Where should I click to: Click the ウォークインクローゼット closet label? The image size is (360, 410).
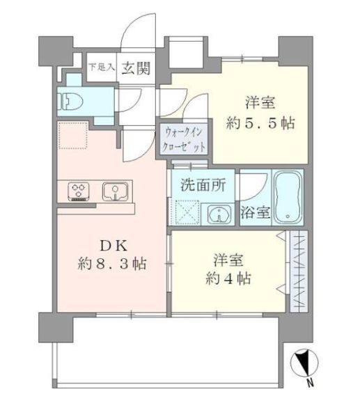186,139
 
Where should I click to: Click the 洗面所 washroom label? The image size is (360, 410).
199,186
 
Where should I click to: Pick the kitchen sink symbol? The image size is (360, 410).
114,191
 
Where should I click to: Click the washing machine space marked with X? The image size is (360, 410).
186,211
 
